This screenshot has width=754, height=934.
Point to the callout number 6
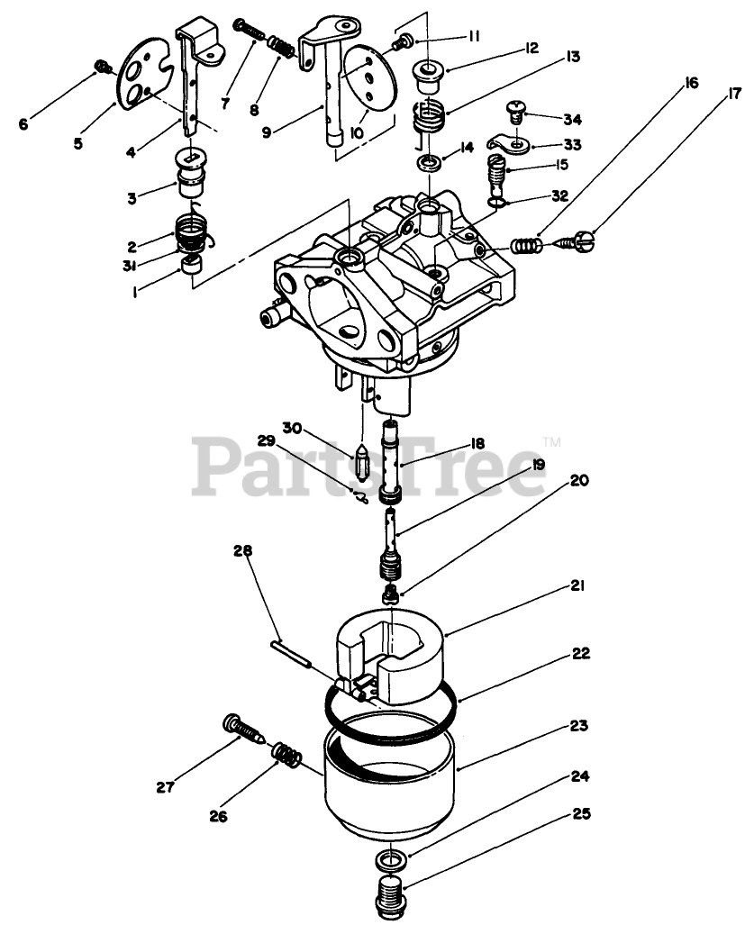click(23, 124)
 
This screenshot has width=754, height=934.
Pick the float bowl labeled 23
click(389, 775)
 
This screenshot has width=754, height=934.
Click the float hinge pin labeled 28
click(291, 655)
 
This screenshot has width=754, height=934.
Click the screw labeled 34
click(515, 112)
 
